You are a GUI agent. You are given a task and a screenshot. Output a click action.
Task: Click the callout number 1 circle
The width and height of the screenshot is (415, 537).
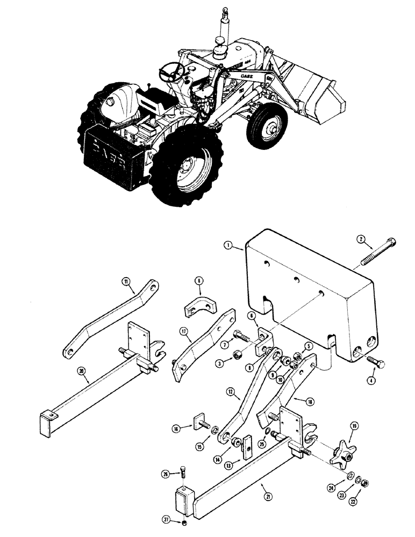pos(228,246)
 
